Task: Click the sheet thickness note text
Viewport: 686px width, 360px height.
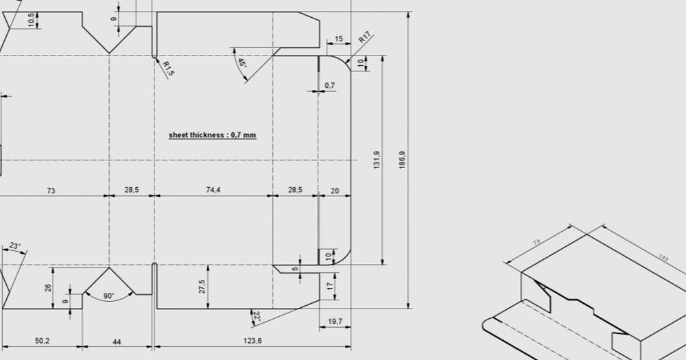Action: (x=212, y=135)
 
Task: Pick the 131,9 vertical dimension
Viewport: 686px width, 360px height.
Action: (x=377, y=160)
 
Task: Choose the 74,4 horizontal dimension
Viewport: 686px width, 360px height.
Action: (x=213, y=190)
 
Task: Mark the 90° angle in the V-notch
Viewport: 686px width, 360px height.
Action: (x=109, y=296)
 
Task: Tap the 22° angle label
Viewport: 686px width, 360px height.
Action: (x=257, y=317)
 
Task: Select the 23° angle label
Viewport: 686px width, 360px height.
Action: (x=15, y=245)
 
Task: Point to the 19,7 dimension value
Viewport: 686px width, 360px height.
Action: (x=335, y=321)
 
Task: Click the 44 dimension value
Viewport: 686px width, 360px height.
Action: (x=117, y=341)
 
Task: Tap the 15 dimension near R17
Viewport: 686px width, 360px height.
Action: (x=339, y=39)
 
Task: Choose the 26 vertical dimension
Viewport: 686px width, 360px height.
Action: (x=48, y=287)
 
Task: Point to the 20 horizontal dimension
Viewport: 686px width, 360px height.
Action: (x=335, y=190)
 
